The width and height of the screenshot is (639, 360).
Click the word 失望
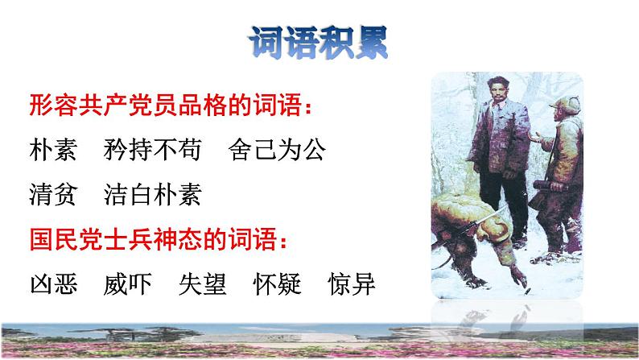coord(204,283)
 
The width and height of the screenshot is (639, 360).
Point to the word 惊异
coord(352,283)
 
